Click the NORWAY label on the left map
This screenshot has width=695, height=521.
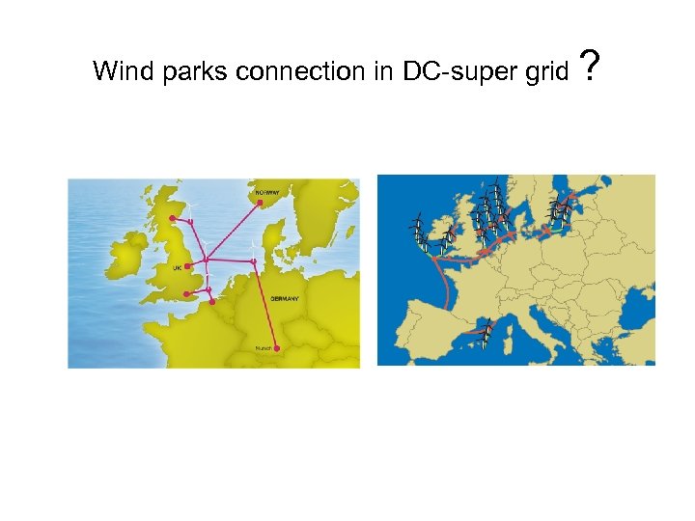point(267,191)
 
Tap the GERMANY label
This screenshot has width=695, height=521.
point(285,299)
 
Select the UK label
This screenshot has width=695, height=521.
point(177,266)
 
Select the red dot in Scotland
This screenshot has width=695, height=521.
point(172,219)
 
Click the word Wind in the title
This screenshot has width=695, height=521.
point(118,71)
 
